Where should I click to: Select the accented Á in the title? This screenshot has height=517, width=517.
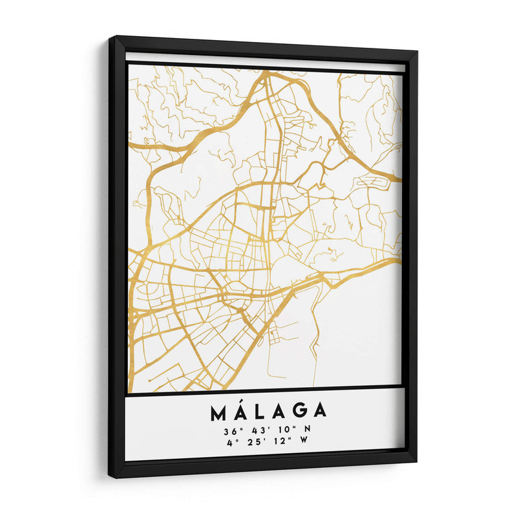pyautogui.click(x=240, y=410)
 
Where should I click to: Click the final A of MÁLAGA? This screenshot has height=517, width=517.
pyautogui.click(x=319, y=412)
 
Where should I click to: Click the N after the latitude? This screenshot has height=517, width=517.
pyautogui.click(x=308, y=430)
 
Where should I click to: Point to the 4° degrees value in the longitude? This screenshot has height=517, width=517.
pyautogui.click(x=233, y=443)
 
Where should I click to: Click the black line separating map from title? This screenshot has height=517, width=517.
pyautogui.click(x=265, y=389)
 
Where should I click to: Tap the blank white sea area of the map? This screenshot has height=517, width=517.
pyautogui.click(x=349, y=336)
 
